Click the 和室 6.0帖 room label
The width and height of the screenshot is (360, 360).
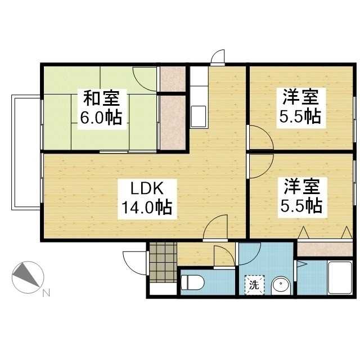[x=102, y=109]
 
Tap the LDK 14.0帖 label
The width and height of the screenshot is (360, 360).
[x=147, y=199]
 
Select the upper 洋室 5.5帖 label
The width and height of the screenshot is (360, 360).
[x=301, y=107]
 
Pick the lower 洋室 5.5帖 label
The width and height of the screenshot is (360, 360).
[x=301, y=197]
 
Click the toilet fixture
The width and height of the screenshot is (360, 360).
[x=192, y=282]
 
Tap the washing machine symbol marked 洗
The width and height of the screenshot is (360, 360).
[x=254, y=285]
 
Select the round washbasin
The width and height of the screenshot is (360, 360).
[x=281, y=286]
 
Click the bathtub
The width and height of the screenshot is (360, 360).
[x=340, y=278]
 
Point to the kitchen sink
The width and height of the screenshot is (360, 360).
[x=199, y=116]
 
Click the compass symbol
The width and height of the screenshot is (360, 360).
[x=28, y=277]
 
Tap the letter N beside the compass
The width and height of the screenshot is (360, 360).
[x=46, y=293]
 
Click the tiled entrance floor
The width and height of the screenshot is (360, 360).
[x=163, y=262]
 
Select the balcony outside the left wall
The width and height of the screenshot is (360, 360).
[x=26, y=152]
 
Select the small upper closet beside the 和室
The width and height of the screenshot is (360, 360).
[x=173, y=79]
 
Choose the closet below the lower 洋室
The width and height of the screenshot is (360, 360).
[x=325, y=249]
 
